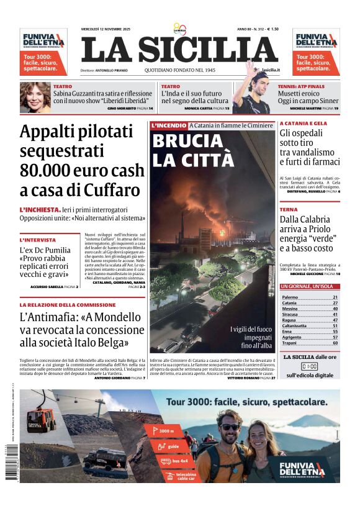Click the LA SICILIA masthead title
click(179, 50)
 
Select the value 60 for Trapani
click(335, 343)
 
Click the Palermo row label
click(290, 297)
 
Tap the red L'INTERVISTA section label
click(38, 240)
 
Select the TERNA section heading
click(288, 210)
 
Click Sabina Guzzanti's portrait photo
click(35, 97)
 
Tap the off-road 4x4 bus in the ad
click(105, 459)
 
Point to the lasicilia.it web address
click(271, 70)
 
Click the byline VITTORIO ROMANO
click(243, 378)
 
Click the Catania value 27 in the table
click(335, 303)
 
